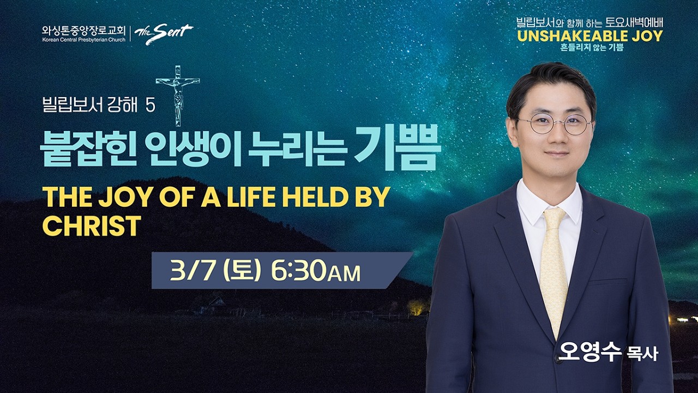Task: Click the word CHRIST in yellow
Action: pos(92,225)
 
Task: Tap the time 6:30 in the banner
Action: pos(298,271)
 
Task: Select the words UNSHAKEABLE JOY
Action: pos(589,37)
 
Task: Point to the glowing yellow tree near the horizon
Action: pos(418,307)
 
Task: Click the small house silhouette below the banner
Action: pos(215,305)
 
